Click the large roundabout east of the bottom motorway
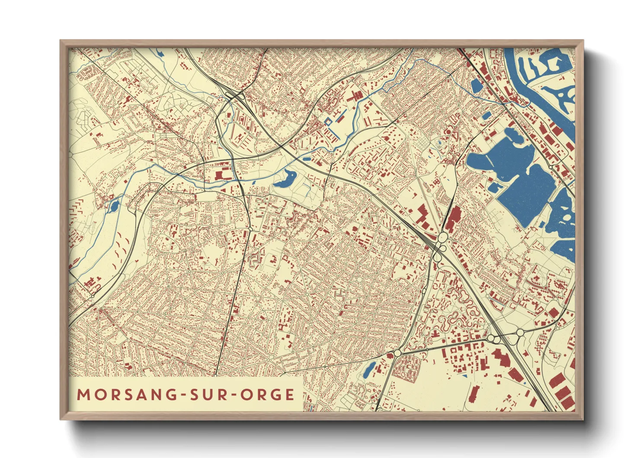[520, 332]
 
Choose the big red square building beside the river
[219, 175]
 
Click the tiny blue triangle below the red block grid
[465, 376]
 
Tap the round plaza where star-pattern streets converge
[359, 280]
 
